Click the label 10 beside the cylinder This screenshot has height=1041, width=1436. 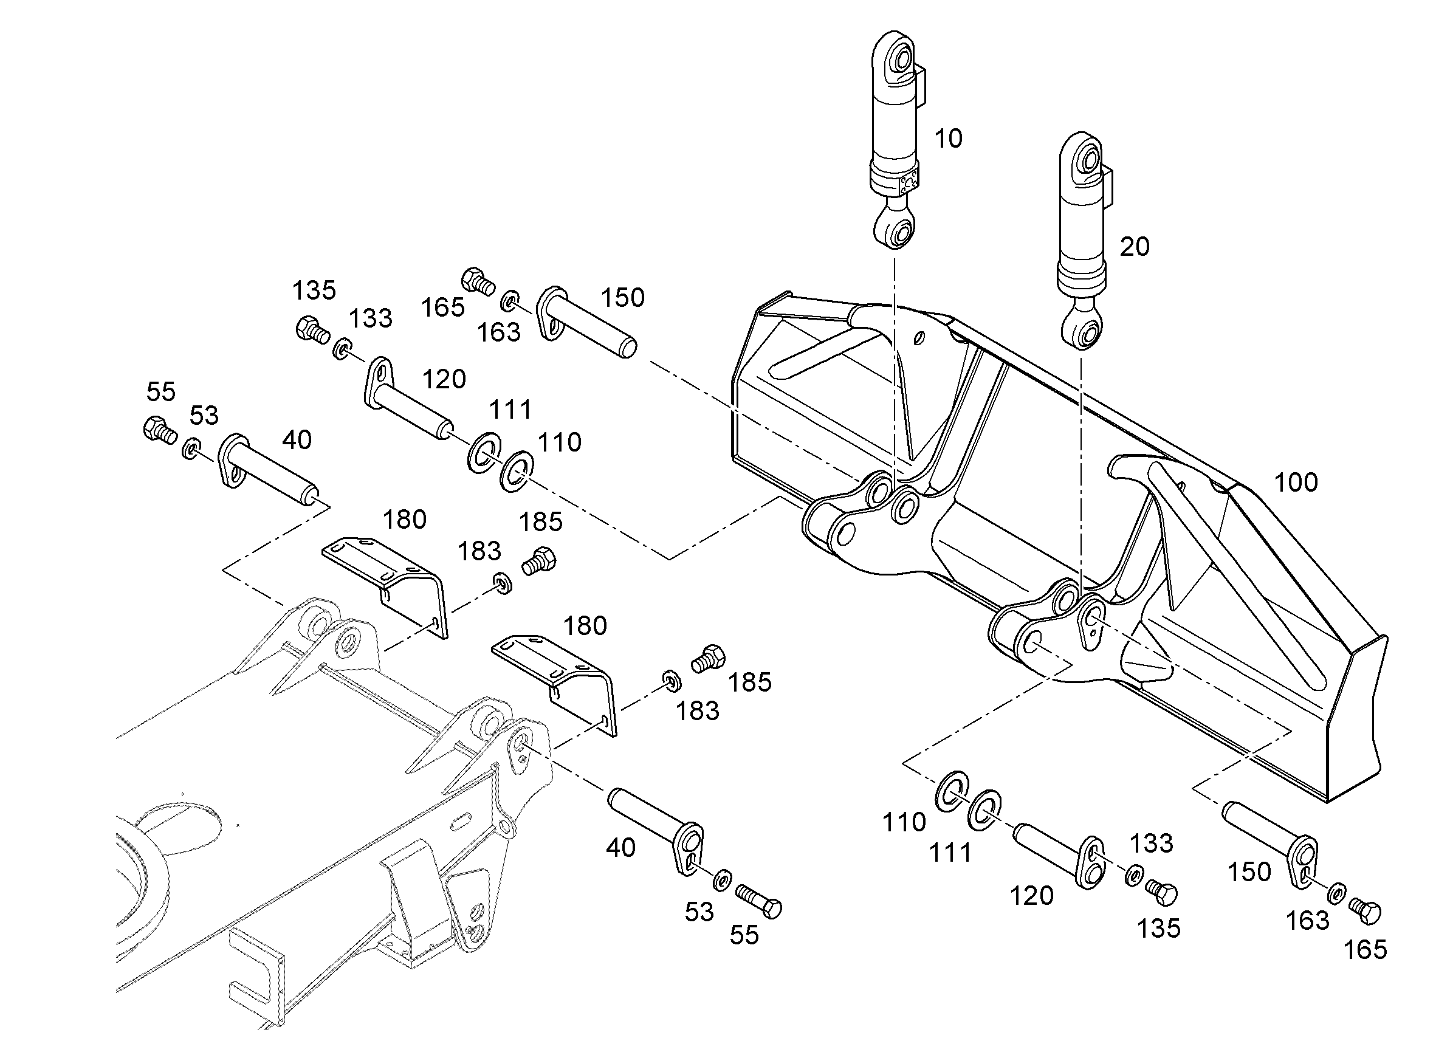coord(948,139)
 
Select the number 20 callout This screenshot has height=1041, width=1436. coord(1134,246)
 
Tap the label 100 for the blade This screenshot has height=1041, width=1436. coord(1296,483)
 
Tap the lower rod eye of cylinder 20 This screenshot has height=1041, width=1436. coord(1082,330)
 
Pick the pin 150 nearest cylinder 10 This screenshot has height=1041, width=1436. coord(586,320)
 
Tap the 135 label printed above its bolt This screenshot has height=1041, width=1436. coord(314,290)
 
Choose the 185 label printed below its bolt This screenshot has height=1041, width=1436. coord(750,682)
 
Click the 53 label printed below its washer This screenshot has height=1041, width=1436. coord(699,912)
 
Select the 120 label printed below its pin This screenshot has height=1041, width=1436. coord(1031,895)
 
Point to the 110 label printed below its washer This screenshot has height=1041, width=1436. coord(904,822)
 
